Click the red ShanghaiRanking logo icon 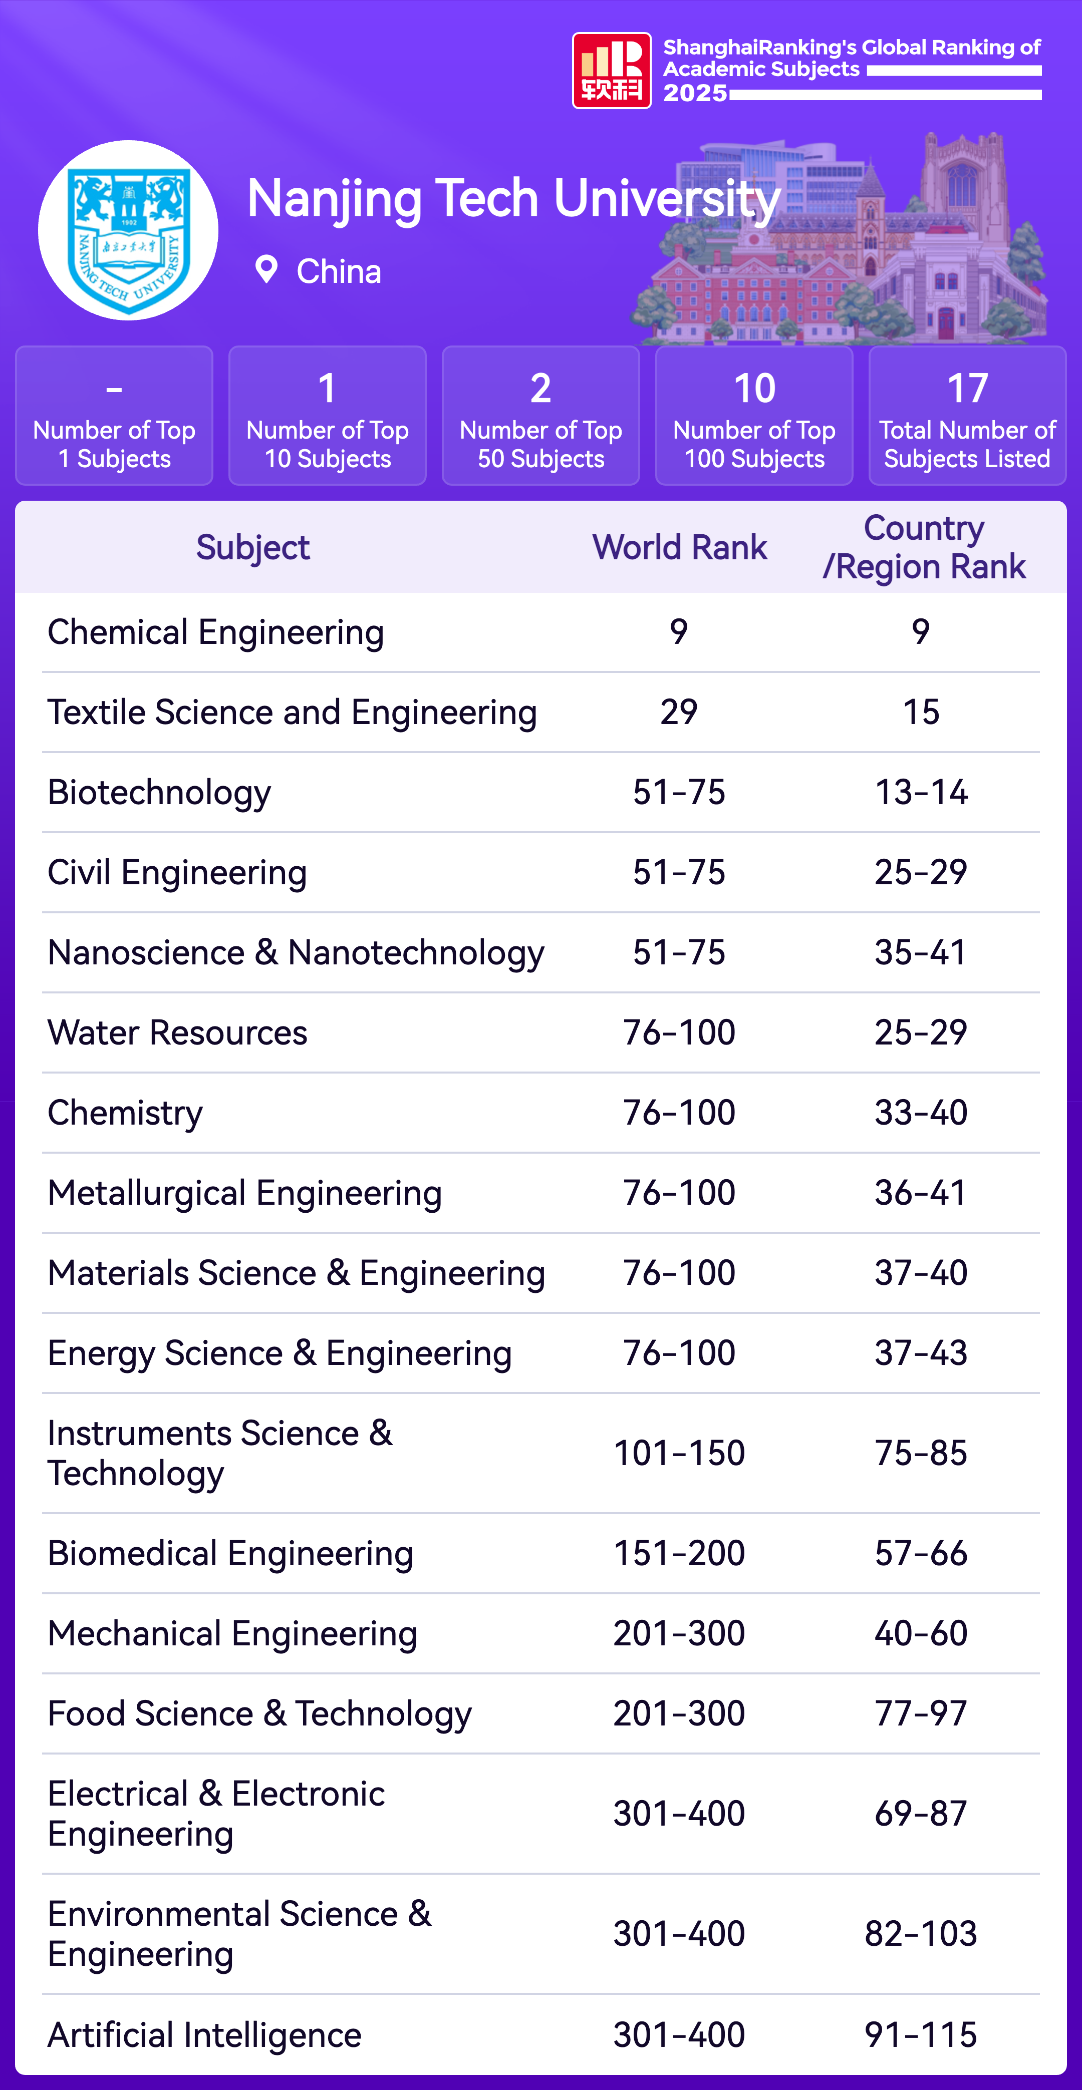click(x=611, y=71)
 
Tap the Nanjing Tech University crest click(x=128, y=230)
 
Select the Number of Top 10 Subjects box click(x=327, y=416)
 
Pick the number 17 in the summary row click(x=968, y=389)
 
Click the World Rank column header click(x=679, y=548)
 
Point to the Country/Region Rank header click(x=924, y=548)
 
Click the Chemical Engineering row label click(x=215, y=632)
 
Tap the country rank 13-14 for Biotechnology click(x=921, y=792)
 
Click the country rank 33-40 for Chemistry click(x=921, y=1112)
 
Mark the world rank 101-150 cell click(x=679, y=1453)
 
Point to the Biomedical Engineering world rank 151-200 click(x=679, y=1553)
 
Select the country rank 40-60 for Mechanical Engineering click(x=921, y=1633)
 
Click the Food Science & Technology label click(x=259, y=1713)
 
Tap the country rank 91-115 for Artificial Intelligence click(x=921, y=2035)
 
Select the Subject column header click(x=252, y=548)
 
